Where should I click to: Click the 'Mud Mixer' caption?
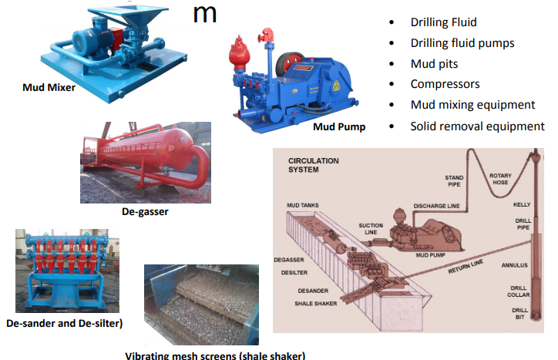tap(49, 87)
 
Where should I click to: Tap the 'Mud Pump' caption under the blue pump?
tap(338, 126)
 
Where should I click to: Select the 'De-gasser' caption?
tap(145, 210)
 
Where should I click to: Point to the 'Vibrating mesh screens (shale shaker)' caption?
tap(215, 355)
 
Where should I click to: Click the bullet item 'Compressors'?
tap(445, 83)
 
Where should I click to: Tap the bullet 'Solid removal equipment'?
tap(477, 126)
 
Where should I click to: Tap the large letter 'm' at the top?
tap(204, 15)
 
